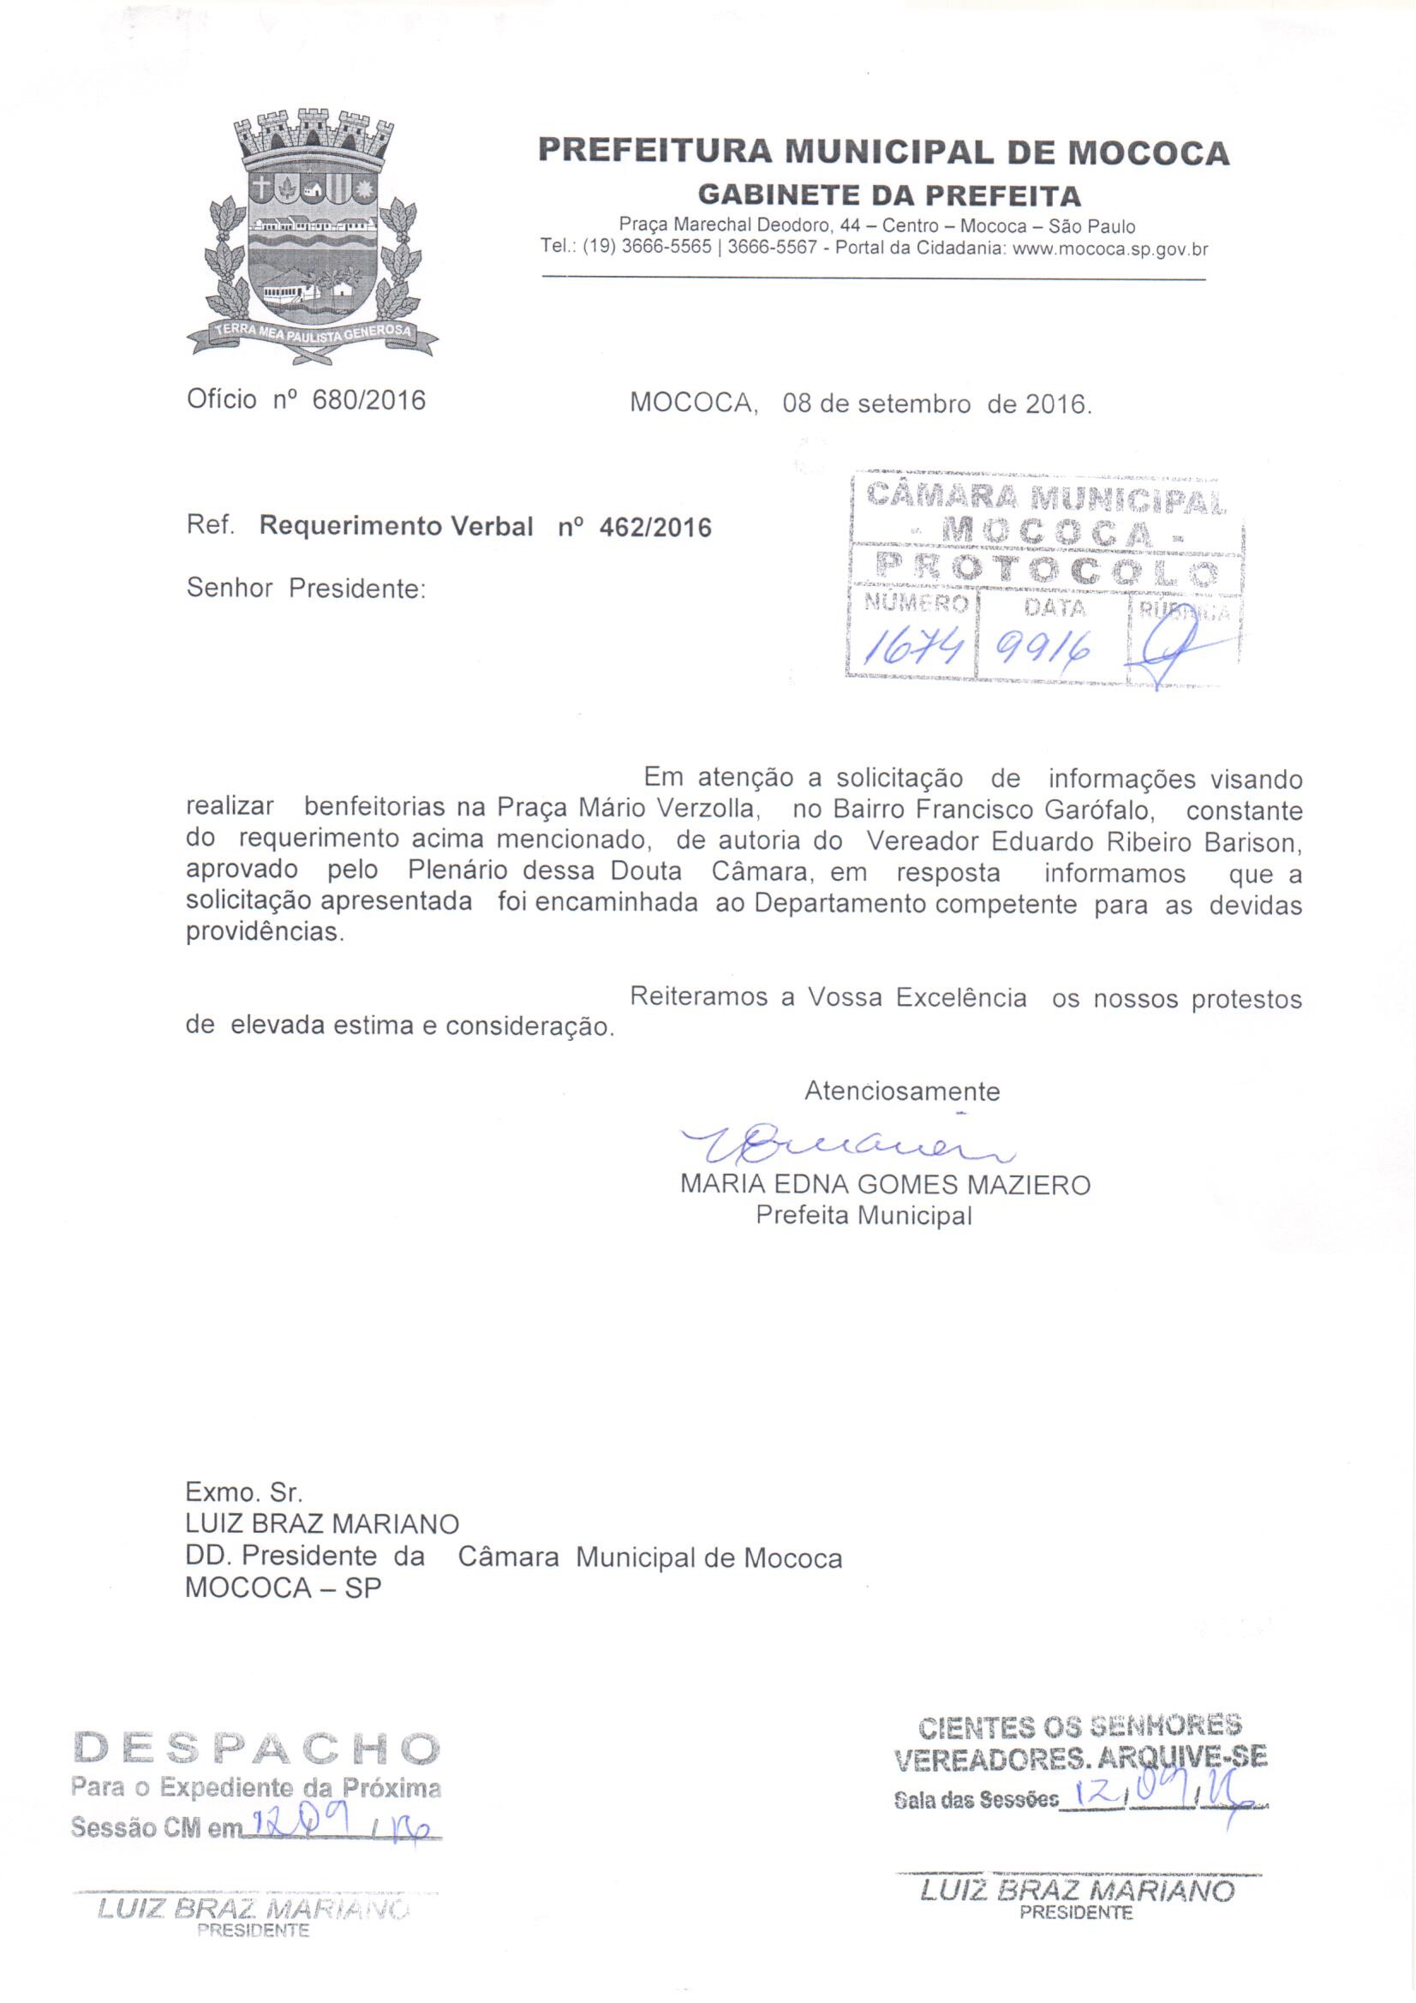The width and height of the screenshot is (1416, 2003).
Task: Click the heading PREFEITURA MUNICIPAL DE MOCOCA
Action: tap(883, 152)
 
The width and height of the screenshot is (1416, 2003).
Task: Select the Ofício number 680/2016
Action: tap(368, 400)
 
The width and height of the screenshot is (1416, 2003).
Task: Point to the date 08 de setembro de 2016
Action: tap(936, 404)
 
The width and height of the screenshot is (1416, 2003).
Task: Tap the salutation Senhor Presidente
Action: tap(305, 588)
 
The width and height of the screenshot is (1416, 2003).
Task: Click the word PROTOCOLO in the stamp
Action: tap(1047, 571)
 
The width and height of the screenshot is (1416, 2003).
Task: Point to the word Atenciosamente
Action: tap(901, 1091)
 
